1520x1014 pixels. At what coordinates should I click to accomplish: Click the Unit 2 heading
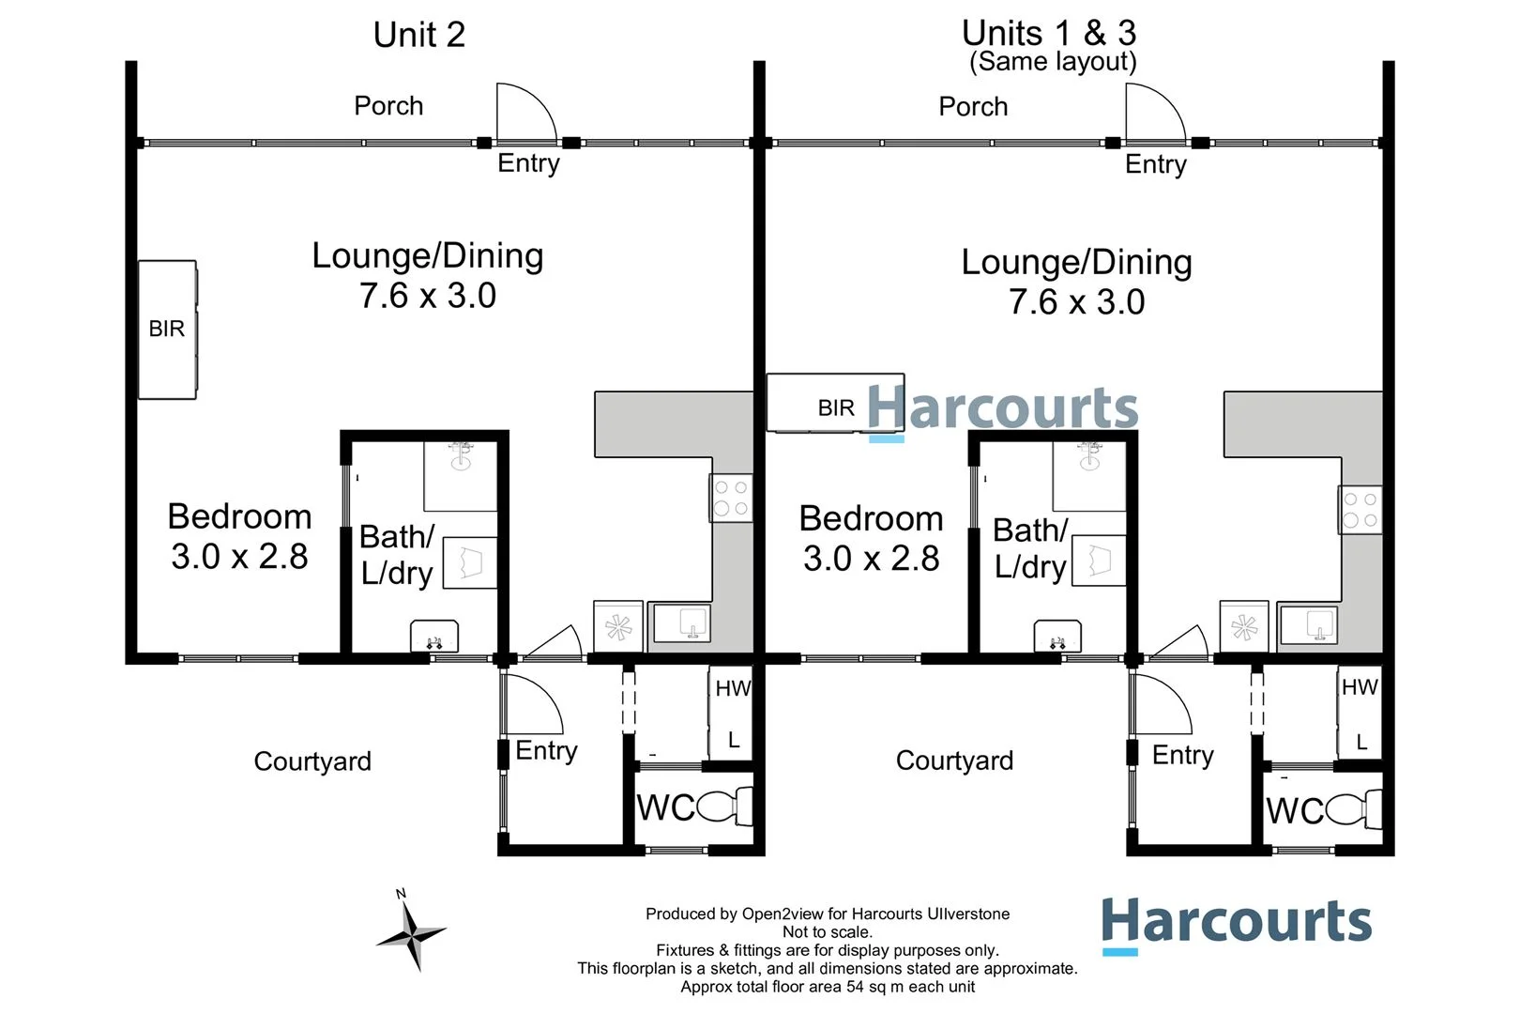tap(418, 36)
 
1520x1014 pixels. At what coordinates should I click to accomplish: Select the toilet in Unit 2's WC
tap(723, 807)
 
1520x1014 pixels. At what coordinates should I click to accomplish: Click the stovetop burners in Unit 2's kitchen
tap(731, 498)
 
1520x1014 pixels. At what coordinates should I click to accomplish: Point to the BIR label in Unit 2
tap(166, 329)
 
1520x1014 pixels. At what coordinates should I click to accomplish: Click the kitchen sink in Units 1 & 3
tap(1309, 625)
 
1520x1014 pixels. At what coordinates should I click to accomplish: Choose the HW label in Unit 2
tap(733, 688)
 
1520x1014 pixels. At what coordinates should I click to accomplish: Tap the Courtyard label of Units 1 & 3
tap(954, 760)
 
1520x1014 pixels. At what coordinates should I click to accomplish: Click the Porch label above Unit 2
tap(388, 105)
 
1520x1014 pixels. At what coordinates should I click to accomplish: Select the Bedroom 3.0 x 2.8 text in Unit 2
tap(239, 536)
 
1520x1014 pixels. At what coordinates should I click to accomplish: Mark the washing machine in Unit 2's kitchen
tap(618, 627)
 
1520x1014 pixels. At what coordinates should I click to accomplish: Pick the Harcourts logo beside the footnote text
tap(1236, 923)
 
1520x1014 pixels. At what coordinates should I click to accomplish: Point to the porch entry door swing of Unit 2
tap(525, 113)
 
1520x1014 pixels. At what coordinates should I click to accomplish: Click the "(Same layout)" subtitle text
tap(1053, 62)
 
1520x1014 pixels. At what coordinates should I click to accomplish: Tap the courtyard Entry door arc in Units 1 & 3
tap(1161, 704)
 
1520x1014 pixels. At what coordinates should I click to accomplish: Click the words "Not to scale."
tap(828, 932)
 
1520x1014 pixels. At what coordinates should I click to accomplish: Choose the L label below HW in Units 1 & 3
tap(1361, 743)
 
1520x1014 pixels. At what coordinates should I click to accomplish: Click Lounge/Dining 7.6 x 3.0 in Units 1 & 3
tap(1076, 282)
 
